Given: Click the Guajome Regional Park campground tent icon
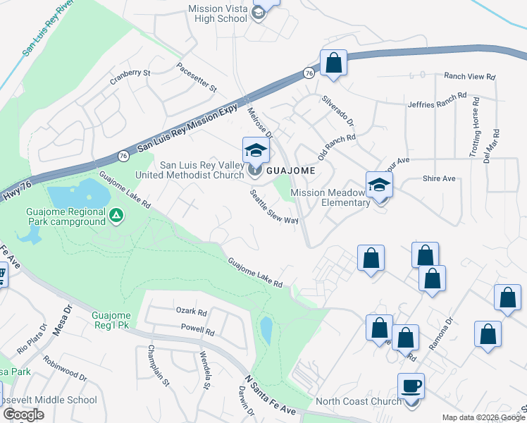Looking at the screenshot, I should coord(116,215).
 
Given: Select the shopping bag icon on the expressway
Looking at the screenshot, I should coord(334,63).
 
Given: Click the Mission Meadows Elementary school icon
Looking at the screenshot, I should coord(379,186).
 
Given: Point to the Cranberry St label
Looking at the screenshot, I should coord(130,78).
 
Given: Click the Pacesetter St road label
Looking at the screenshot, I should coord(197,76).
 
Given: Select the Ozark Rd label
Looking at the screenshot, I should coord(192,312).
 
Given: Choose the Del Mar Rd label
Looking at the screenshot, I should coord(496,146).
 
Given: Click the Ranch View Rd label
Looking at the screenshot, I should coord(469,76).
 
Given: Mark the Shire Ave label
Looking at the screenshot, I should coord(439,179).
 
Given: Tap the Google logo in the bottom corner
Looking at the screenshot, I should coord(23,415).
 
